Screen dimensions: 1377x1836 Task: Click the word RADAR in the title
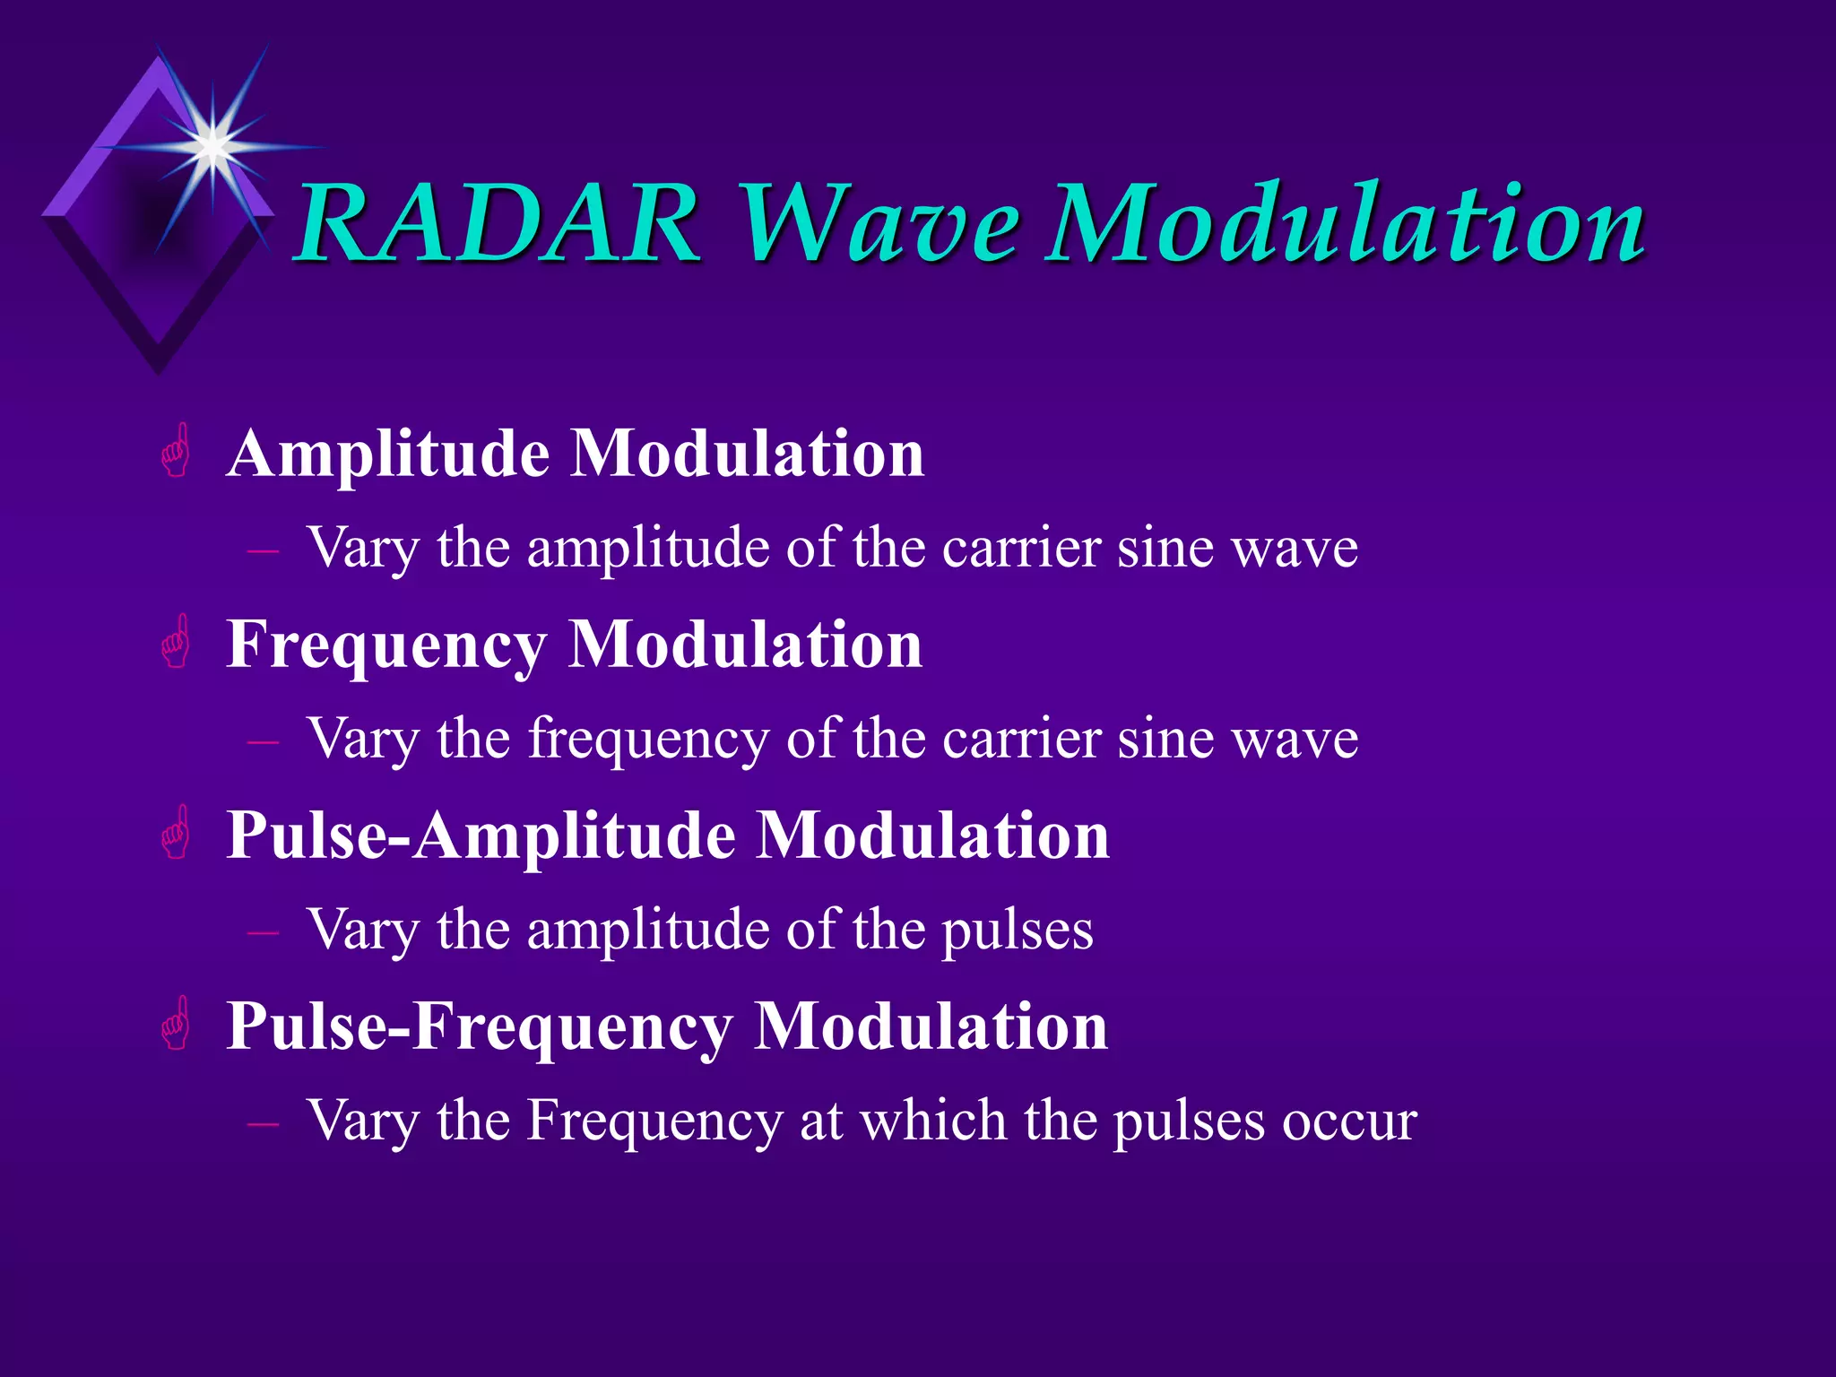498,224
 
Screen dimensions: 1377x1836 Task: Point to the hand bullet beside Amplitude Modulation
177,451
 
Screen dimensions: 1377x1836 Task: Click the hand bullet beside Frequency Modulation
177,642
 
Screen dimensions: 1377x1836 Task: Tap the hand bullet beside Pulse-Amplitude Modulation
177,833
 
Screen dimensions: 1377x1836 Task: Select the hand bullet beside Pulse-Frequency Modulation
177,1024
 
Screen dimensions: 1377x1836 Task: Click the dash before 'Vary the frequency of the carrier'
263,742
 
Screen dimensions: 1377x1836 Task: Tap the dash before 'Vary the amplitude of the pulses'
263,933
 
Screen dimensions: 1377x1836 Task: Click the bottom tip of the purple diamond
158,370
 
